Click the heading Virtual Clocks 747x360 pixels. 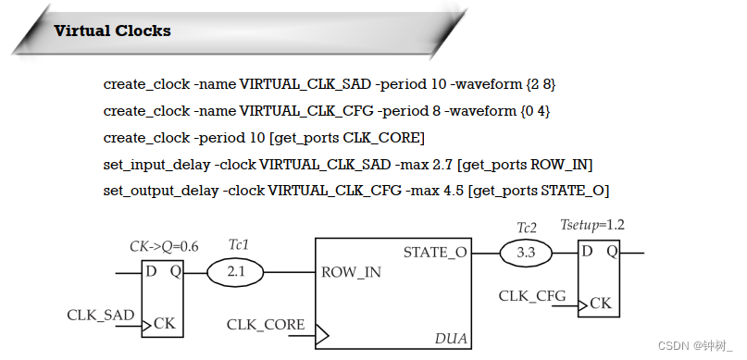[112, 31]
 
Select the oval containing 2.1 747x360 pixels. [235, 272]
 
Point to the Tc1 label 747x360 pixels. [239, 244]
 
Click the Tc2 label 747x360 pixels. [527, 227]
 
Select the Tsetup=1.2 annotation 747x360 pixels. [592, 226]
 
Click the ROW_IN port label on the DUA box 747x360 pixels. [351, 273]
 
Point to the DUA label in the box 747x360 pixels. [451, 339]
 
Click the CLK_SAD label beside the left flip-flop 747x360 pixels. [100, 316]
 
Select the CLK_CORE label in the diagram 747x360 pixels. [266, 324]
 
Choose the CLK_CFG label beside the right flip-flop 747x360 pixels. [532, 295]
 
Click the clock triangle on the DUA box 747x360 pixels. [321, 333]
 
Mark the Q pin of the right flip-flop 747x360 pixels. [612, 252]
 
